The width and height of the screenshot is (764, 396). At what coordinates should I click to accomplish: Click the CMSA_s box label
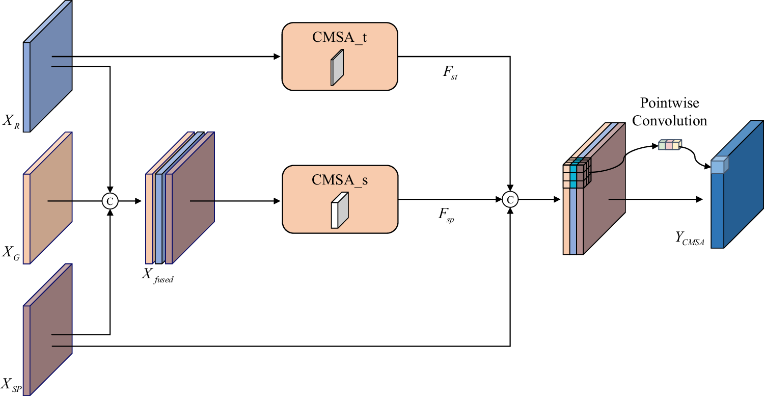339,179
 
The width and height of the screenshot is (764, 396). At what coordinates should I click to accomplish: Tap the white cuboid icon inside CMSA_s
340,209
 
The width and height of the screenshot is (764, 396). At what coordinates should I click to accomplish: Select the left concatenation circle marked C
110,201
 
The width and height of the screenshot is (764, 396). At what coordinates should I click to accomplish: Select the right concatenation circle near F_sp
510,199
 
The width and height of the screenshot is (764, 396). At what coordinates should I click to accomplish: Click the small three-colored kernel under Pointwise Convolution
670,145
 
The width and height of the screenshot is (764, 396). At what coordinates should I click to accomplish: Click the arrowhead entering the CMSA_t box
278,57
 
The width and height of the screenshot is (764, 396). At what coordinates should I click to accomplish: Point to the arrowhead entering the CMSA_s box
278,201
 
